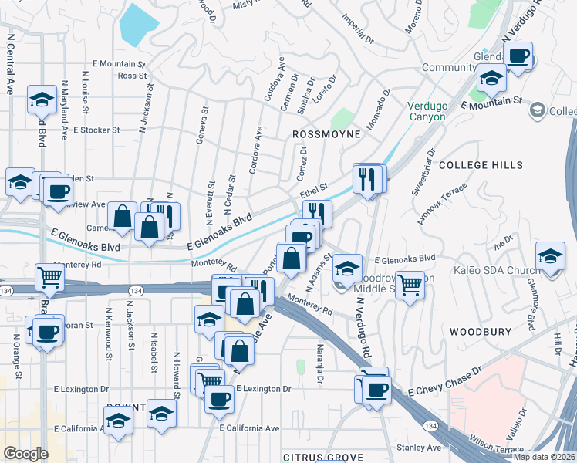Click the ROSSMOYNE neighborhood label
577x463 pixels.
tap(327, 133)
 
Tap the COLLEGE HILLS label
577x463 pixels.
tap(480, 165)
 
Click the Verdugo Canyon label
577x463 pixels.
tap(427, 111)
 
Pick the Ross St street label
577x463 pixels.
tap(133, 76)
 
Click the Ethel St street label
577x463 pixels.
tap(314, 188)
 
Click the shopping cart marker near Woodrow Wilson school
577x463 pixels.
tap(410, 285)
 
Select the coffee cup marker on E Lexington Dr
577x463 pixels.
tap(219, 399)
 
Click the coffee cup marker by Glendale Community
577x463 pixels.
tap(518, 56)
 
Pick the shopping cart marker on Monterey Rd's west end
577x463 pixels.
tap(49, 276)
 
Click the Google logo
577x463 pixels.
tap(25, 454)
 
